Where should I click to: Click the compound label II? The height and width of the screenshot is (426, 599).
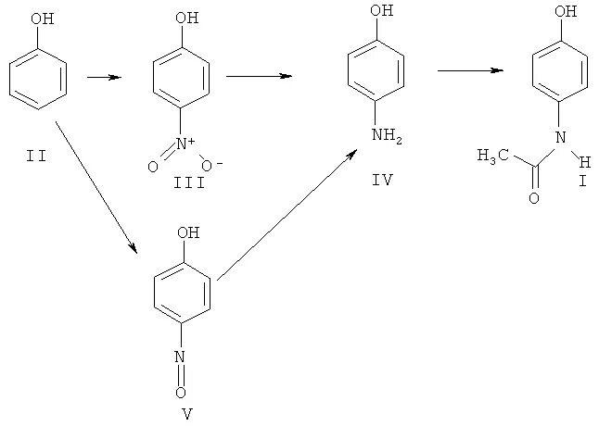point(38,156)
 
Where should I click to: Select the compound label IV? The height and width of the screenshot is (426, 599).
point(382,180)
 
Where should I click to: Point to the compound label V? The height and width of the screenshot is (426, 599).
point(186,413)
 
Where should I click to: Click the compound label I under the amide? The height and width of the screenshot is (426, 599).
point(581,179)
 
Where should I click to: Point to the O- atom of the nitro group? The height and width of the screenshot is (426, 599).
point(210,167)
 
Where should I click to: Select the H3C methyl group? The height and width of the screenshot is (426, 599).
point(492,157)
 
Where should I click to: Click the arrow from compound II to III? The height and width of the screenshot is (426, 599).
point(104,77)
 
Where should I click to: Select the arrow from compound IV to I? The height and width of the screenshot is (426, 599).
point(471,69)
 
